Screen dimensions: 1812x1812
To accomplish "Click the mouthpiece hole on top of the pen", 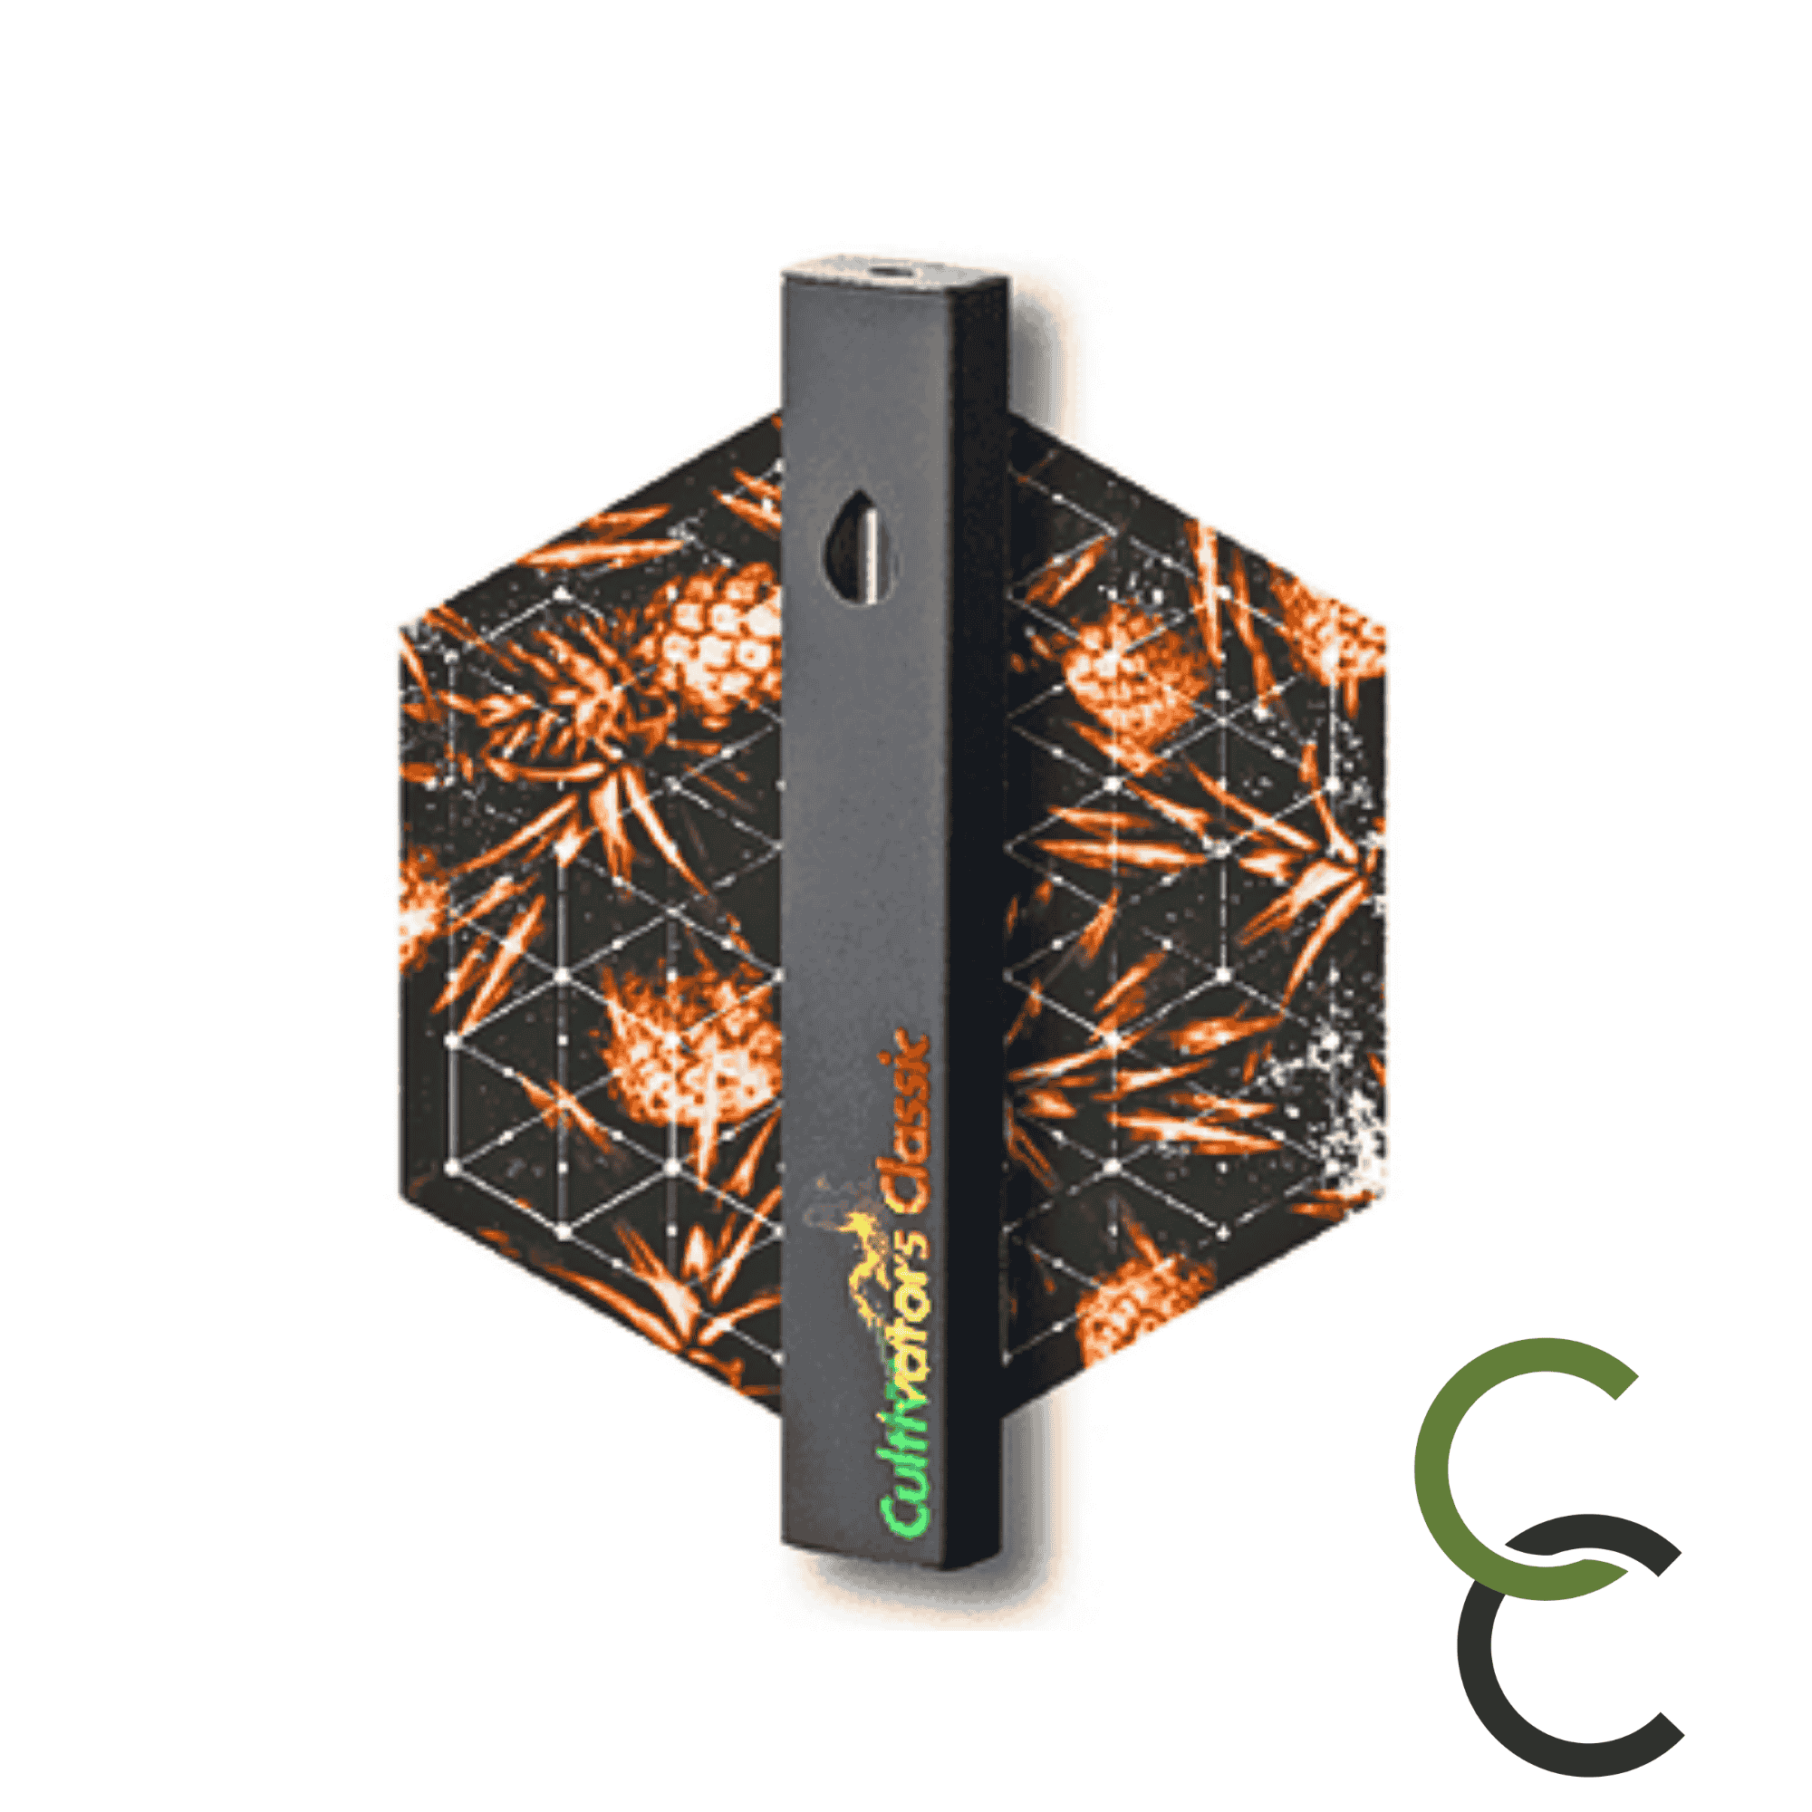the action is point(886,271).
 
